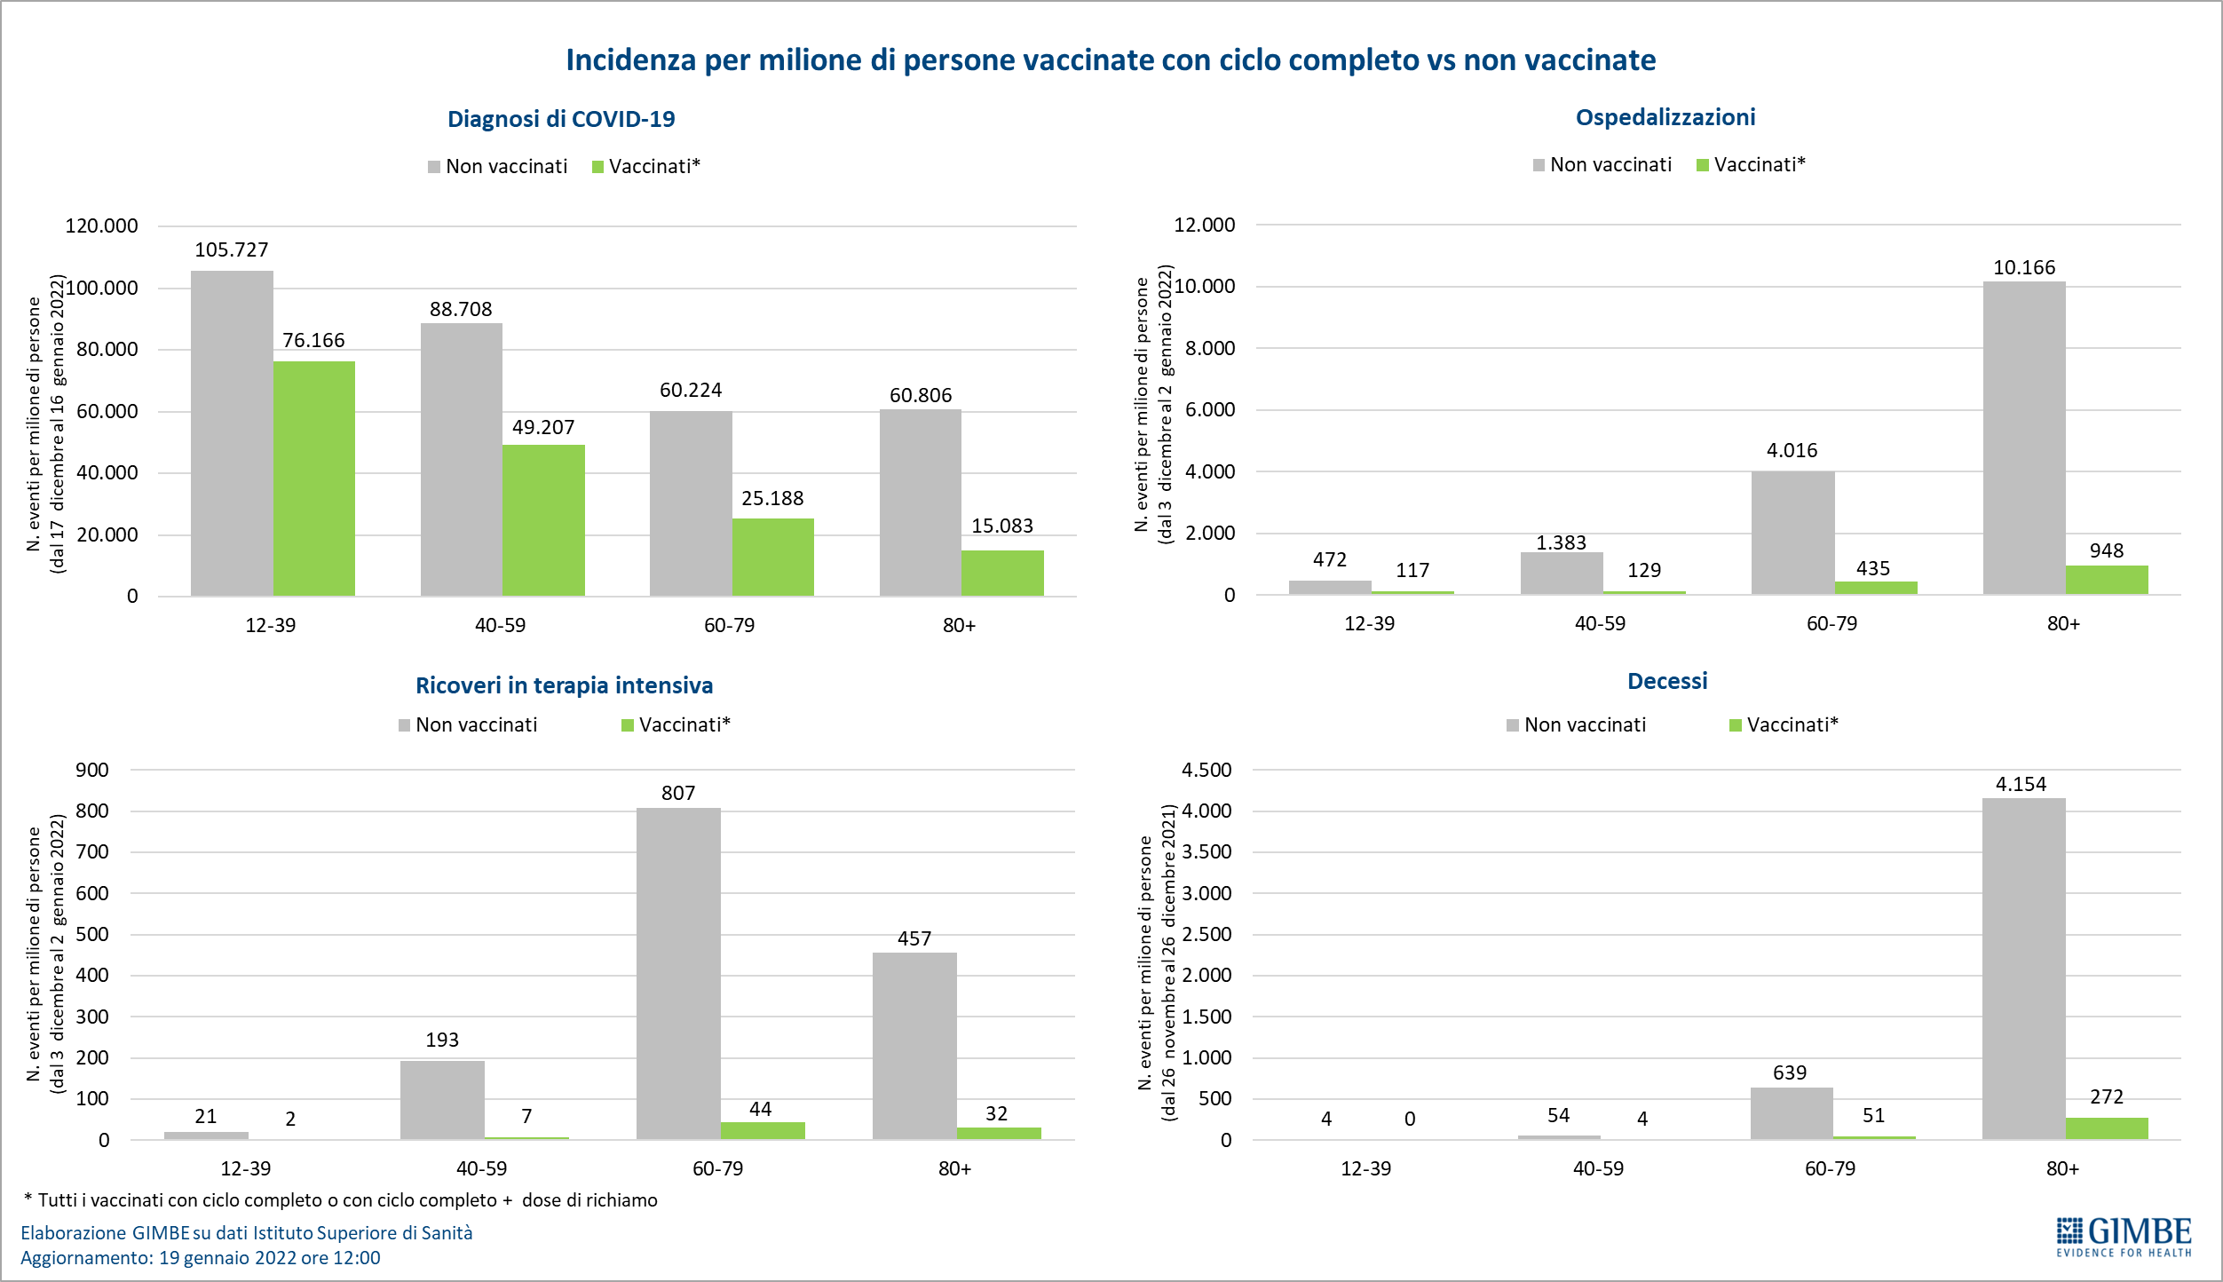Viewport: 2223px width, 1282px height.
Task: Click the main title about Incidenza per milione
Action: pos(1111,60)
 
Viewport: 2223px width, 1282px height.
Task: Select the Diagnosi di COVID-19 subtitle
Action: pos(561,119)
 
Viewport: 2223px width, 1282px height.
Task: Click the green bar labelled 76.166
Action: pos(313,479)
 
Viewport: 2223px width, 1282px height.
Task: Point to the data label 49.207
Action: pos(543,428)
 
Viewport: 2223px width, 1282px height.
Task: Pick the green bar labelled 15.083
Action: pos(1002,573)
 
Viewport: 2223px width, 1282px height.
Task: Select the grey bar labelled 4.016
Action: pos(1792,533)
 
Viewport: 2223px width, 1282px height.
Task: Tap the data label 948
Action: pos(2106,551)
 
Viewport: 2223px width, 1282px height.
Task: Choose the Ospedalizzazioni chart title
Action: pos(1665,117)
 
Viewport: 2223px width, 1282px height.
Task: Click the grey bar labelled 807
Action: pos(678,973)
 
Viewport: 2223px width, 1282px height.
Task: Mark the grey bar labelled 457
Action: pos(914,1046)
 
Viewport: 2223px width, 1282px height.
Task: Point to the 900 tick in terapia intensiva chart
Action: pos(92,771)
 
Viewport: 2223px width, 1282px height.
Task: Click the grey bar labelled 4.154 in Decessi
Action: pos(2023,969)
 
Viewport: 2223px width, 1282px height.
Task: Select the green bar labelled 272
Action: pos(2106,1128)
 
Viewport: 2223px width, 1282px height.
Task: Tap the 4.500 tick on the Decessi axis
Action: pos(1206,771)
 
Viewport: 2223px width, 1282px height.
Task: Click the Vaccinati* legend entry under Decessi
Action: pos(1784,725)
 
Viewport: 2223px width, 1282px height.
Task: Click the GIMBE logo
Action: pos(2124,1236)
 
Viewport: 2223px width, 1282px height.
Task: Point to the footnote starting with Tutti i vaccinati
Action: pos(342,1200)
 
